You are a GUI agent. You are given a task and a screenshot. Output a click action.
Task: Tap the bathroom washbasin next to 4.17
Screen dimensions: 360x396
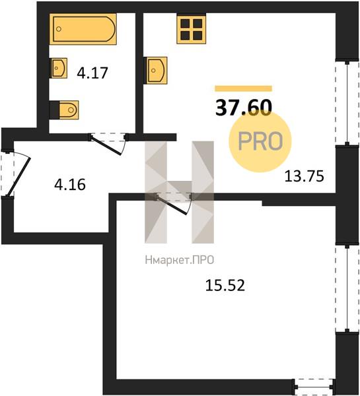coord(59,68)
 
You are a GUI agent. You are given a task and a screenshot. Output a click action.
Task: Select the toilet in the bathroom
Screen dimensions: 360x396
coord(64,110)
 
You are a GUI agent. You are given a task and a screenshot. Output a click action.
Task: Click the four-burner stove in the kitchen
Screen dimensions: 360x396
coord(191,28)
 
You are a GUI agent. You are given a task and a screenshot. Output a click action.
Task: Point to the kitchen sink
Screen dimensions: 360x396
coord(155,71)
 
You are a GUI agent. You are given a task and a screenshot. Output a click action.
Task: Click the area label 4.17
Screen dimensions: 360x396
coord(92,73)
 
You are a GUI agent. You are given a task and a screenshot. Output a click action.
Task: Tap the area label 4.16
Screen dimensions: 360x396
coord(70,184)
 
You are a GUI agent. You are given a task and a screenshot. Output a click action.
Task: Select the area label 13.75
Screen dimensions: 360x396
coord(304,176)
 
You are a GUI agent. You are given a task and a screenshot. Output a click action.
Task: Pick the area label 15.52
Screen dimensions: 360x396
coord(225,285)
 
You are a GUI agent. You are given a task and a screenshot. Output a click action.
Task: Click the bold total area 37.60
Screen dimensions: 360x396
coord(244,108)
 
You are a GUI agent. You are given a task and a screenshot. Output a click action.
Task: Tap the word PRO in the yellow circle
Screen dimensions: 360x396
coord(260,141)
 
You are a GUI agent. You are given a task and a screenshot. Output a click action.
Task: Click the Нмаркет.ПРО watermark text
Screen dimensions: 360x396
coord(180,260)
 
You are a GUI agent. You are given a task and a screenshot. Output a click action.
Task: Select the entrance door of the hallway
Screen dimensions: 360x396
coord(15,174)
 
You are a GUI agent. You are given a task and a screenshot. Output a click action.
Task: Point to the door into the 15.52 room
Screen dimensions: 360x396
coord(174,203)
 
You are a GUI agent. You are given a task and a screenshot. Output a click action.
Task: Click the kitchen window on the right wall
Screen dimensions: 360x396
coord(347,102)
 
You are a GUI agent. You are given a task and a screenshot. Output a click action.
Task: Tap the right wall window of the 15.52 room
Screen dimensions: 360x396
coord(347,288)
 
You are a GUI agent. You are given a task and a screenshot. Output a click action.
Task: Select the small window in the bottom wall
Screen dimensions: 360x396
coord(314,386)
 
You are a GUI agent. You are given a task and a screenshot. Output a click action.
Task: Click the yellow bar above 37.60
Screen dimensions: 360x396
coord(244,88)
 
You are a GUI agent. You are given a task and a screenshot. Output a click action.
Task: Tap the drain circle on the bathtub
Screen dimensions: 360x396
coord(59,29)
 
